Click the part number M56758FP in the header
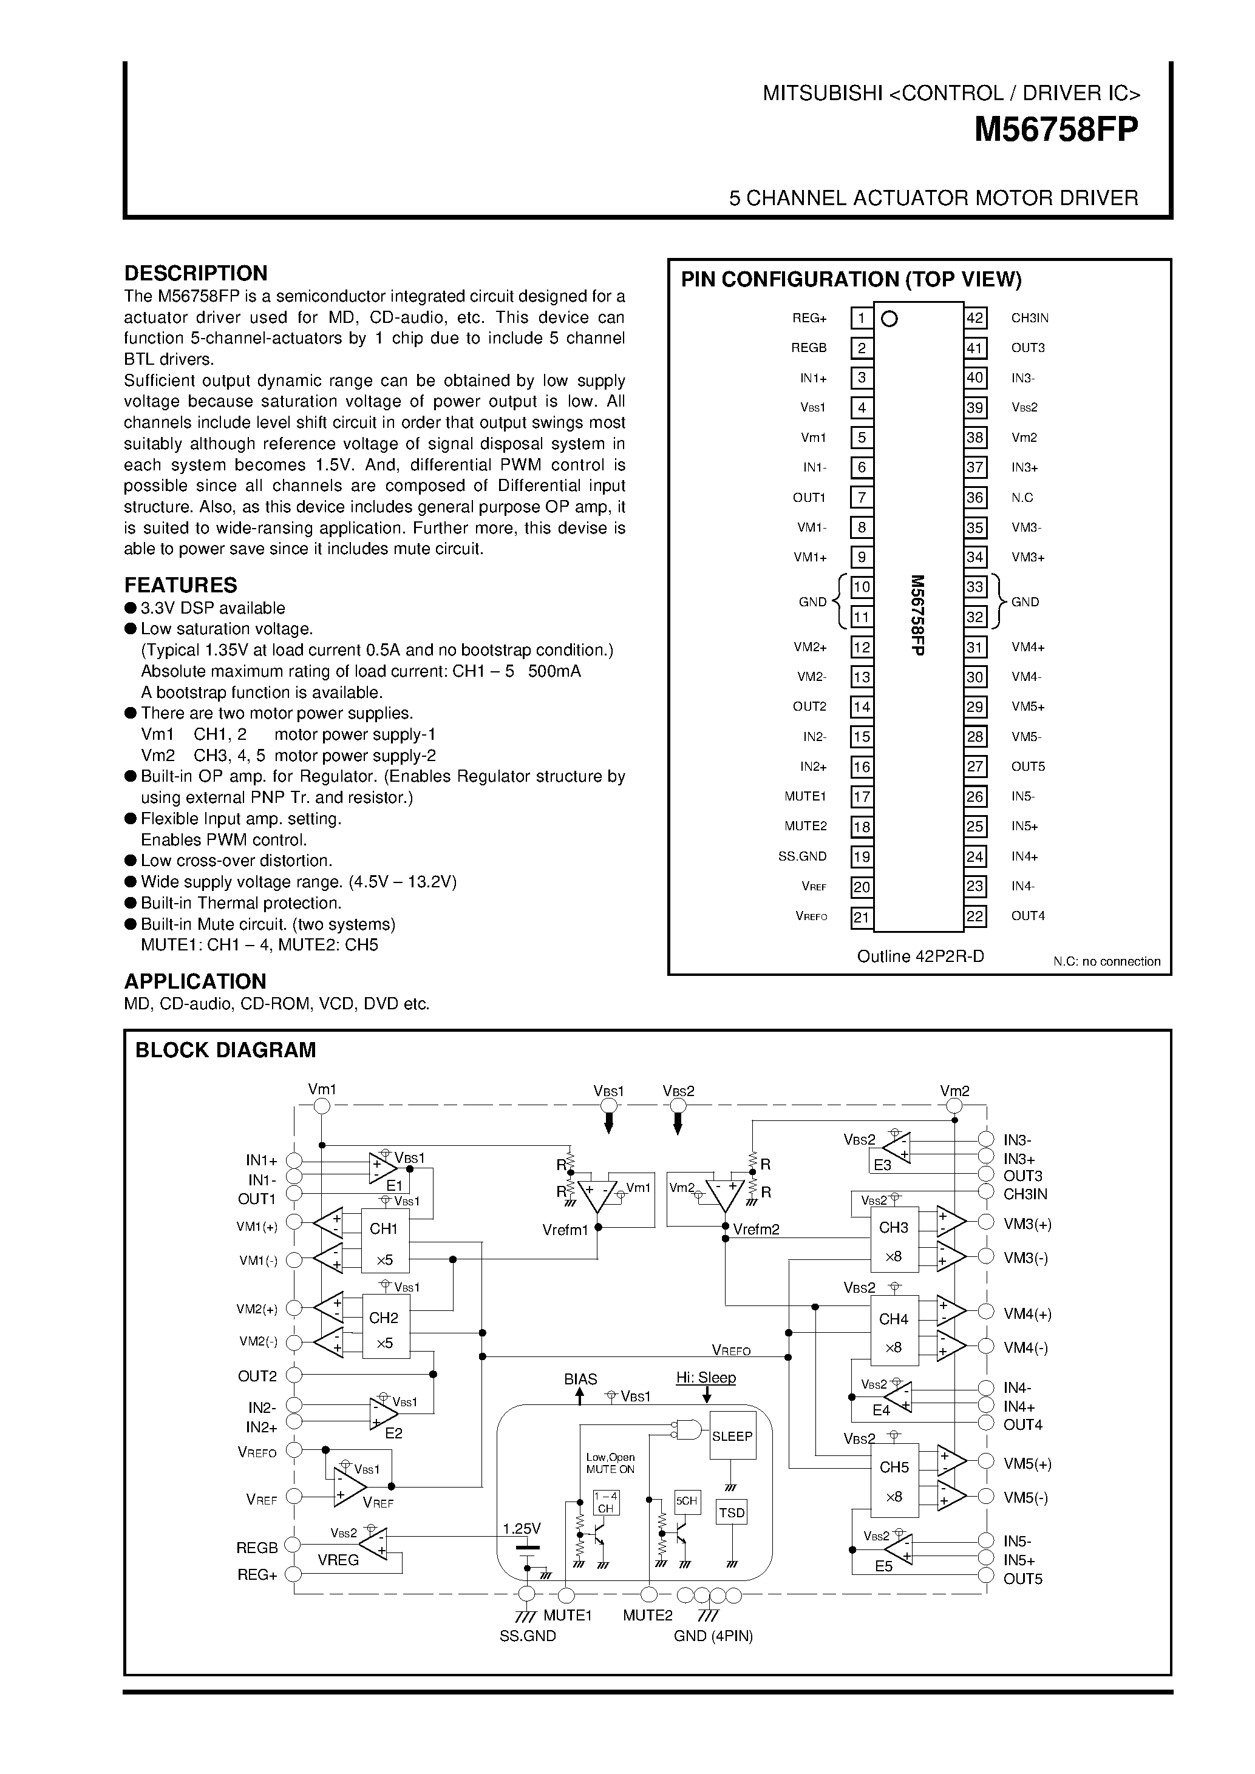pos(1056,130)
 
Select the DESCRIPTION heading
pos(196,274)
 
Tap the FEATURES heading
pos(180,585)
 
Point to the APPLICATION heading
pos(195,981)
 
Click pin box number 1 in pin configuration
pos(862,319)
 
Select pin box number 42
pos(975,319)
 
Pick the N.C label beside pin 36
pos(1022,498)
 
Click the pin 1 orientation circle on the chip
pos(889,319)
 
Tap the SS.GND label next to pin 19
pos(802,856)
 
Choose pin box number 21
pos(862,916)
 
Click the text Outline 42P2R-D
pos(920,956)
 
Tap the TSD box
pos(731,1512)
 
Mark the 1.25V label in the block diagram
pos(522,1528)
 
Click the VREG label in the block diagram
pos(338,1560)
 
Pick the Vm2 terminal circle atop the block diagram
pos(955,1106)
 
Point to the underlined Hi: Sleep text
pos(706,1378)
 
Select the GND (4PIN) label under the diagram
pos(713,1636)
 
